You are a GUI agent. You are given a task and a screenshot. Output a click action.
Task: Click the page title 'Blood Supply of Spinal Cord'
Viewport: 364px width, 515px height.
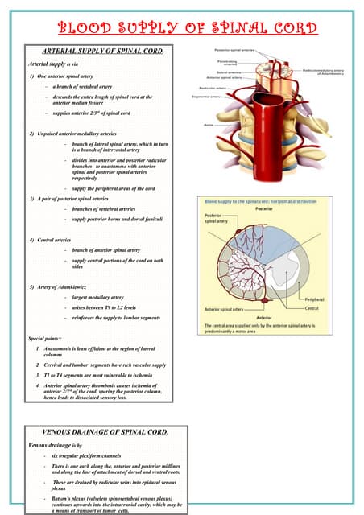(x=182, y=29)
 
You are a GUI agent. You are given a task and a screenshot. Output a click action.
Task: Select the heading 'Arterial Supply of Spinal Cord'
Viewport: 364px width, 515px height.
(x=101, y=51)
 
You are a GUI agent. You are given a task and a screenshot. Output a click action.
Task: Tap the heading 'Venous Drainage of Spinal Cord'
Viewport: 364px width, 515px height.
(x=105, y=432)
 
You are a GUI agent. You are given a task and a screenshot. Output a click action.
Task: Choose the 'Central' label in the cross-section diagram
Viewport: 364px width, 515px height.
(x=334, y=307)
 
